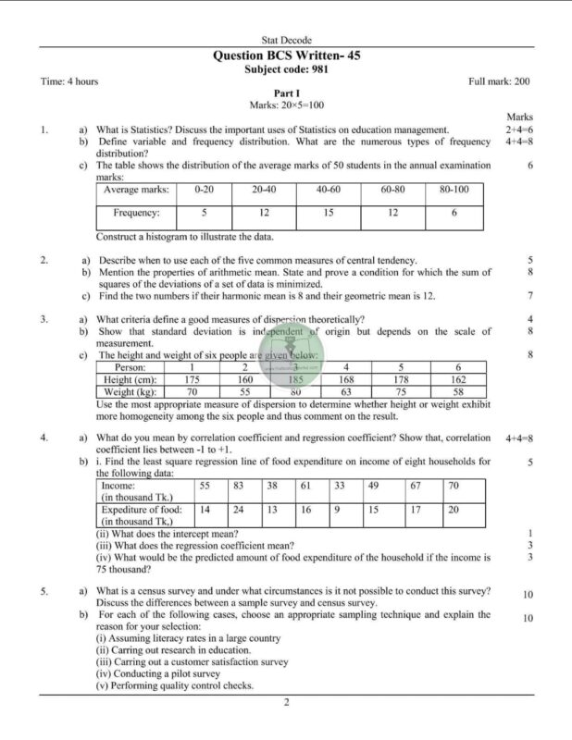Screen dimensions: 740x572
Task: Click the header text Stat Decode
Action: [286, 41]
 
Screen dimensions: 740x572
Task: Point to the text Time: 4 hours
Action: [69, 81]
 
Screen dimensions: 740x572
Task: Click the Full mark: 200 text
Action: [499, 81]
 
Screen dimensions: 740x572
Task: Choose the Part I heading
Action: [286, 94]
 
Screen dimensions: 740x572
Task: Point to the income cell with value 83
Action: [238, 485]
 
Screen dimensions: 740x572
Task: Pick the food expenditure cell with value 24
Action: [238, 509]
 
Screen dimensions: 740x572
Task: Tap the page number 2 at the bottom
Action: [286, 703]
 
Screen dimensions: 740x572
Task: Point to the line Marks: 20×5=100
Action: [286, 106]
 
